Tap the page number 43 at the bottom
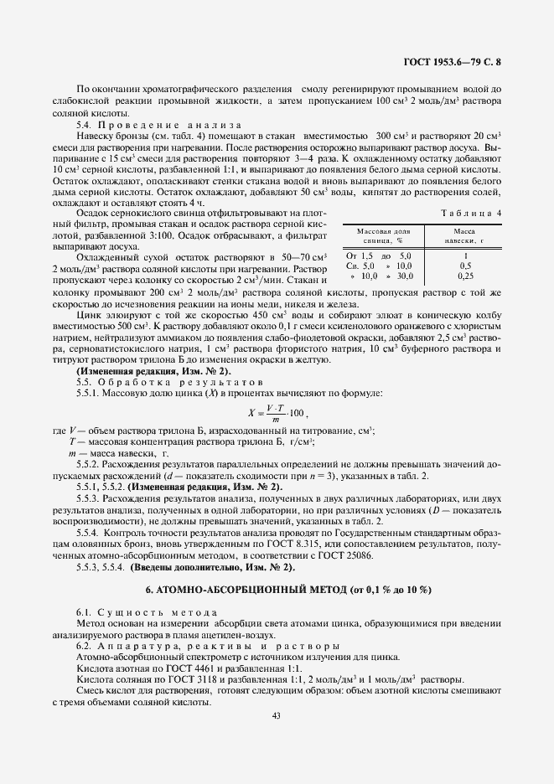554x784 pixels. click(276, 714)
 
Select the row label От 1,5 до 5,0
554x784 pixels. click(379, 255)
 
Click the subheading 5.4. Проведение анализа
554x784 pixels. click(157, 125)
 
